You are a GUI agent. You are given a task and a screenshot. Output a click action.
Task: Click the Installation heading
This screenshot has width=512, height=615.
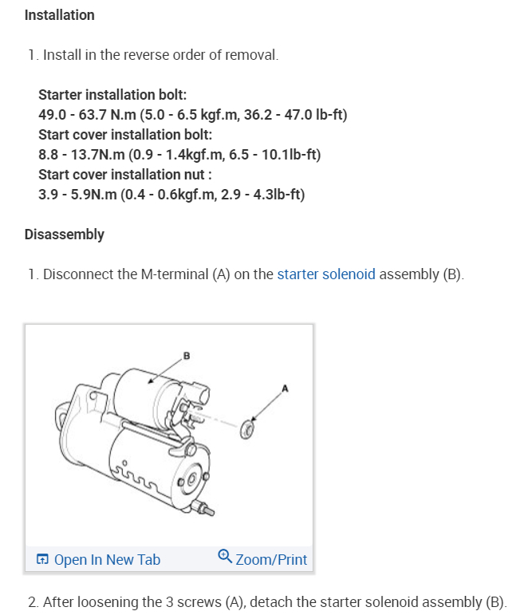pyautogui.click(x=60, y=15)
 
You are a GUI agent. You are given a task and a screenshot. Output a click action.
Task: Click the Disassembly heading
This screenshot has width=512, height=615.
pyautogui.click(x=65, y=235)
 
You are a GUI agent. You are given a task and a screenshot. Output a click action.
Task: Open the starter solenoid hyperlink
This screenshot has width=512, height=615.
pyautogui.click(x=326, y=274)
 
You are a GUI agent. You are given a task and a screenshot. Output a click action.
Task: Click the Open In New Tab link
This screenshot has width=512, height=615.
pyautogui.click(x=107, y=559)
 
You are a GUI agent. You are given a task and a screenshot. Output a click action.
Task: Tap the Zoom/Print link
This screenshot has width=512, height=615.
pyautogui.click(x=271, y=559)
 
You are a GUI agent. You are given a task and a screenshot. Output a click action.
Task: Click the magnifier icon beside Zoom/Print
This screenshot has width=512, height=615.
pyautogui.click(x=225, y=557)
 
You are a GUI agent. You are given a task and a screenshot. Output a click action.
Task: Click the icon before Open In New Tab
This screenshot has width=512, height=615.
pyautogui.click(x=43, y=560)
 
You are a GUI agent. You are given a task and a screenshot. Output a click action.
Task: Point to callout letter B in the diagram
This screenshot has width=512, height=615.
pyautogui.click(x=187, y=356)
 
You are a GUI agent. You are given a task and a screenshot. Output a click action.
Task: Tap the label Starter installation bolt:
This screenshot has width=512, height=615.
pyautogui.click(x=112, y=94)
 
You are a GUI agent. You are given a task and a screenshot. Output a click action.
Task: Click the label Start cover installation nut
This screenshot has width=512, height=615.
pyautogui.click(x=124, y=174)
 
